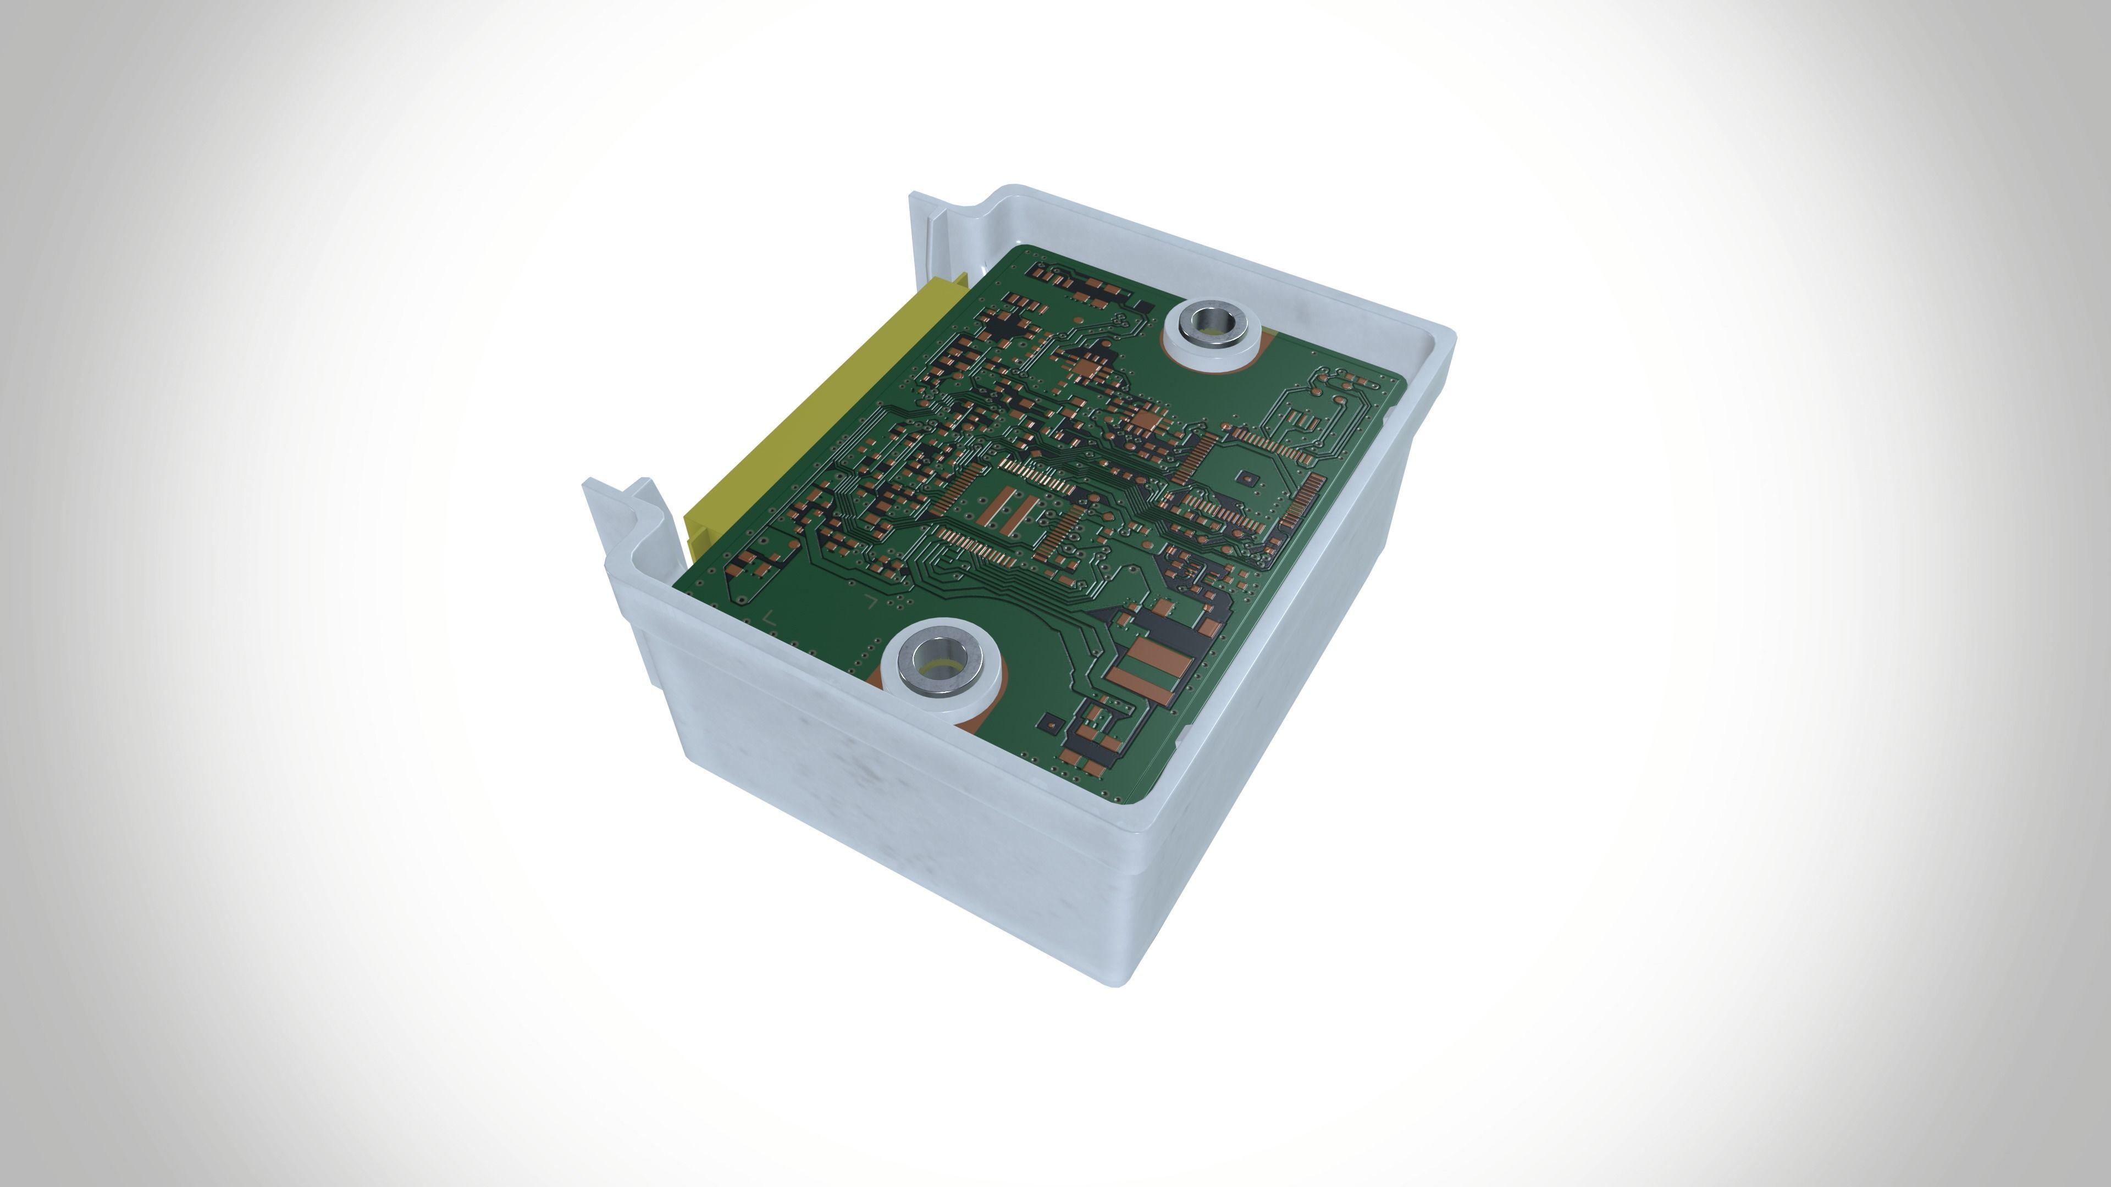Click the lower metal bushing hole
click(939, 665)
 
